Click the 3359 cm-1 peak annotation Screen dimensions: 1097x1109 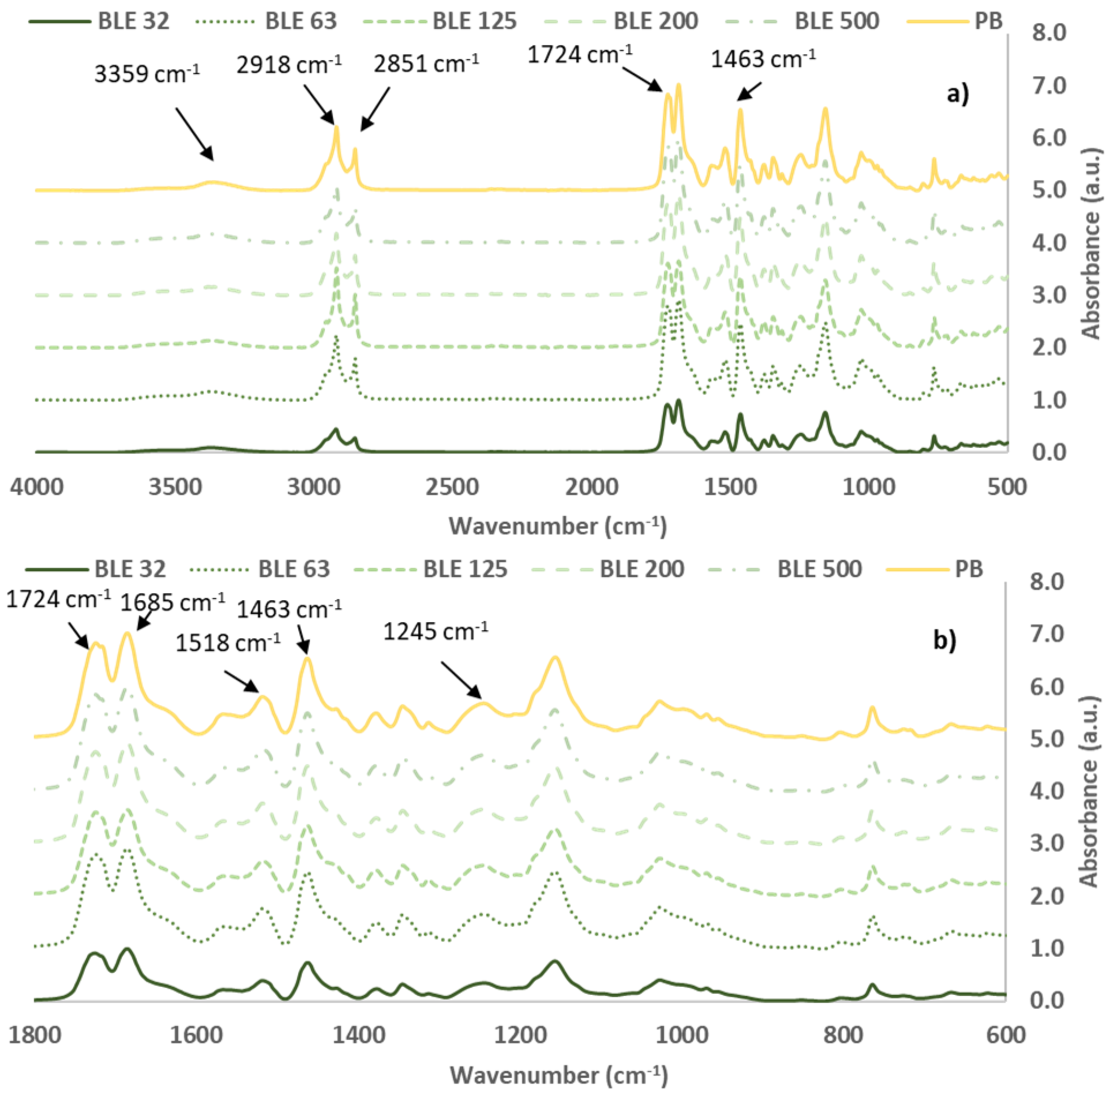click(147, 74)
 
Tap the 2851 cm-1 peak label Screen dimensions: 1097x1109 click(426, 63)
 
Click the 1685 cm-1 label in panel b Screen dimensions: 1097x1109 click(172, 603)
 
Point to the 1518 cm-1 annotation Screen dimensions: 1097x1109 click(228, 643)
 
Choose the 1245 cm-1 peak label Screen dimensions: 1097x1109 click(436, 632)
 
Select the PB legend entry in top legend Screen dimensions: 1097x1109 click(988, 21)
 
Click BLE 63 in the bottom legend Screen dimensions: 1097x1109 click(294, 569)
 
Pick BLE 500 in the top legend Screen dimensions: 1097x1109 click(836, 21)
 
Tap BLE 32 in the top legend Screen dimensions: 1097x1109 click(133, 21)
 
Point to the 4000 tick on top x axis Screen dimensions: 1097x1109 click(37, 487)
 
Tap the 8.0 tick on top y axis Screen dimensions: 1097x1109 click(1049, 33)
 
